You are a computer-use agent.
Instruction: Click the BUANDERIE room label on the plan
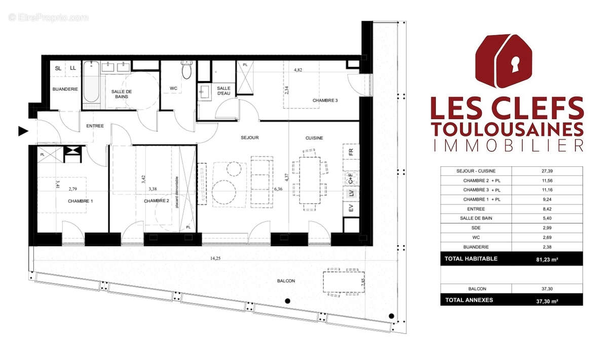(65, 89)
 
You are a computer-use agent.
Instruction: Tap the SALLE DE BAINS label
(122, 94)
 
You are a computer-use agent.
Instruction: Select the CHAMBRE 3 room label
(325, 100)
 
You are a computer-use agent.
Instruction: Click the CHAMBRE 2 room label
(156, 201)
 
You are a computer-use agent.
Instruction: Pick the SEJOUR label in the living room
(249, 137)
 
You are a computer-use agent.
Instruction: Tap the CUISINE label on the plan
(314, 138)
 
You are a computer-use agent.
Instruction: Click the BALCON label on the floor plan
(286, 280)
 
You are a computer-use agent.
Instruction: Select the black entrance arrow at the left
(23, 131)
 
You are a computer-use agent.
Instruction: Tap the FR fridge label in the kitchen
(350, 151)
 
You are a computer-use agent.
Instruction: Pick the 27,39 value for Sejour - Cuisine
(547, 171)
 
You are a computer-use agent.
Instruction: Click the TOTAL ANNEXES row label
(469, 300)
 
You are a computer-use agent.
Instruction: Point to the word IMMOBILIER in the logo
(507, 146)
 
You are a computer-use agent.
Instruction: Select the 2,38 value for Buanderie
(547, 247)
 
